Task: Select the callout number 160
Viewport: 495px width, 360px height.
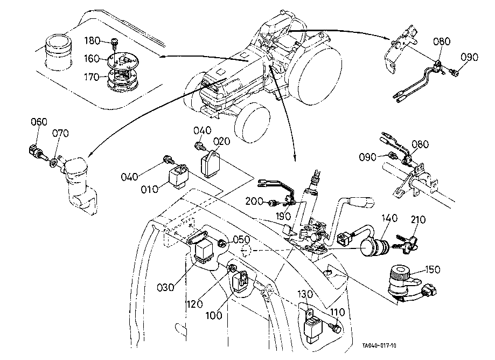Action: [x=92, y=59]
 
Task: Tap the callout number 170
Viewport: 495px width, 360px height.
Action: [x=92, y=77]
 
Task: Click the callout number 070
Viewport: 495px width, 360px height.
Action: [x=60, y=133]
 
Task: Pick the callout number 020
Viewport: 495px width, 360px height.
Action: [x=221, y=142]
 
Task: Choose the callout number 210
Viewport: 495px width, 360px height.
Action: [x=418, y=220]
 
